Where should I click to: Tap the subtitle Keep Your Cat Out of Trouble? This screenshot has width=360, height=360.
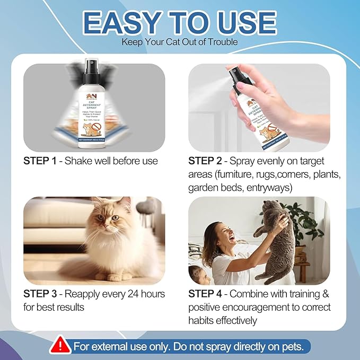(180, 41)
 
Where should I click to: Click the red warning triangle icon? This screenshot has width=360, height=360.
(62, 346)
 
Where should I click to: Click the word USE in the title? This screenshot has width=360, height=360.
(244, 23)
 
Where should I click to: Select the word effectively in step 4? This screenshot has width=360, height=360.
(235, 320)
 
